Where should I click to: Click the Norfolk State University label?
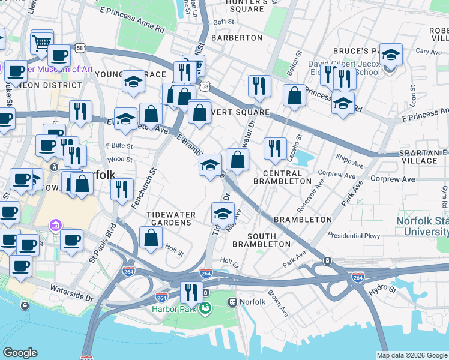click(422, 226)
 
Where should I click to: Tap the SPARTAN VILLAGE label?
click(424, 157)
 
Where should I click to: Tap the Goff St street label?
click(223, 22)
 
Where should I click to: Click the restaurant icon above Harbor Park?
click(191, 292)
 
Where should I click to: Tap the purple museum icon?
click(55, 226)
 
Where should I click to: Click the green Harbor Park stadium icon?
click(205, 308)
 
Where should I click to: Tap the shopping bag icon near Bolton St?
click(294, 95)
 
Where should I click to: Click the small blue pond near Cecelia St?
click(304, 158)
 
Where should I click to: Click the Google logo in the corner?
click(20, 353)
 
